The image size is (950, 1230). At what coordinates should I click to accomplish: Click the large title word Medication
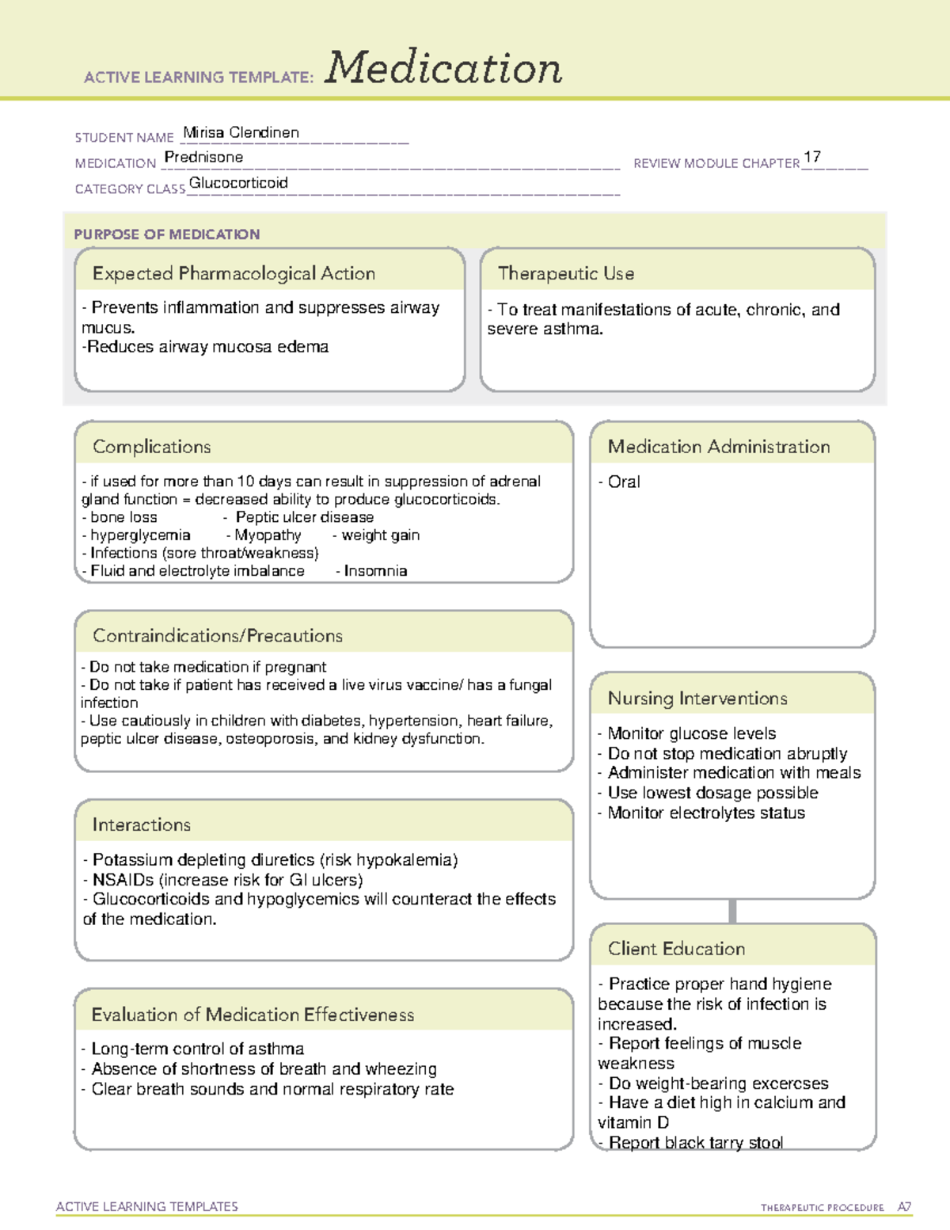coord(443,68)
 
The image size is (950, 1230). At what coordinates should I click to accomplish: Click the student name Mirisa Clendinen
coord(241,132)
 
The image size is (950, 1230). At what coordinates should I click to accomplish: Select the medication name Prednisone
coord(203,157)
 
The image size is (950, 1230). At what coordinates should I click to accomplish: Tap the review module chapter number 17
coord(811,157)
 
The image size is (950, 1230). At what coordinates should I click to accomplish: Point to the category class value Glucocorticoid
coord(238,183)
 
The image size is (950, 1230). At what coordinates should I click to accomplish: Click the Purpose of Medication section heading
coord(166,234)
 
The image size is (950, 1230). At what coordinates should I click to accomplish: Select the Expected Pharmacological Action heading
coord(234,273)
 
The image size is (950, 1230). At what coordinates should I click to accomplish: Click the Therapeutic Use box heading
coord(565,273)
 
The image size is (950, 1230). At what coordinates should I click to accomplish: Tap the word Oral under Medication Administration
coord(624,482)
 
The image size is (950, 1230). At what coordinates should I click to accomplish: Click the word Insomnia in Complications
coord(375,571)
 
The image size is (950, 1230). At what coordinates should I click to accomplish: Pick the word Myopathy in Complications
coord(268,535)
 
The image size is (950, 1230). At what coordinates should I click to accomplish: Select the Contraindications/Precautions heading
coord(218,636)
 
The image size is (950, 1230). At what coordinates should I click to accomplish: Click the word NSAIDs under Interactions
coord(123,880)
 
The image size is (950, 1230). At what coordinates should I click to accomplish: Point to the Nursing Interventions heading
coord(697,699)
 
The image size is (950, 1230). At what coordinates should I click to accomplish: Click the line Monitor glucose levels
coord(691,733)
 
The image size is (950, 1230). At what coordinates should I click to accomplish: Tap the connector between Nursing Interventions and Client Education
coord(732,911)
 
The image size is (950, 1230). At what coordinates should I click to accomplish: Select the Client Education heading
coord(676,949)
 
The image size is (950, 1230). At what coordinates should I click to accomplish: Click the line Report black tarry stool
coord(695,1142)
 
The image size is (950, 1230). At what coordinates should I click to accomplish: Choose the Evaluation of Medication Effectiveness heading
coord(253,1015)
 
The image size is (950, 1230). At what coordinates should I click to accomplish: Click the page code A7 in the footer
coord(904,1207)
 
